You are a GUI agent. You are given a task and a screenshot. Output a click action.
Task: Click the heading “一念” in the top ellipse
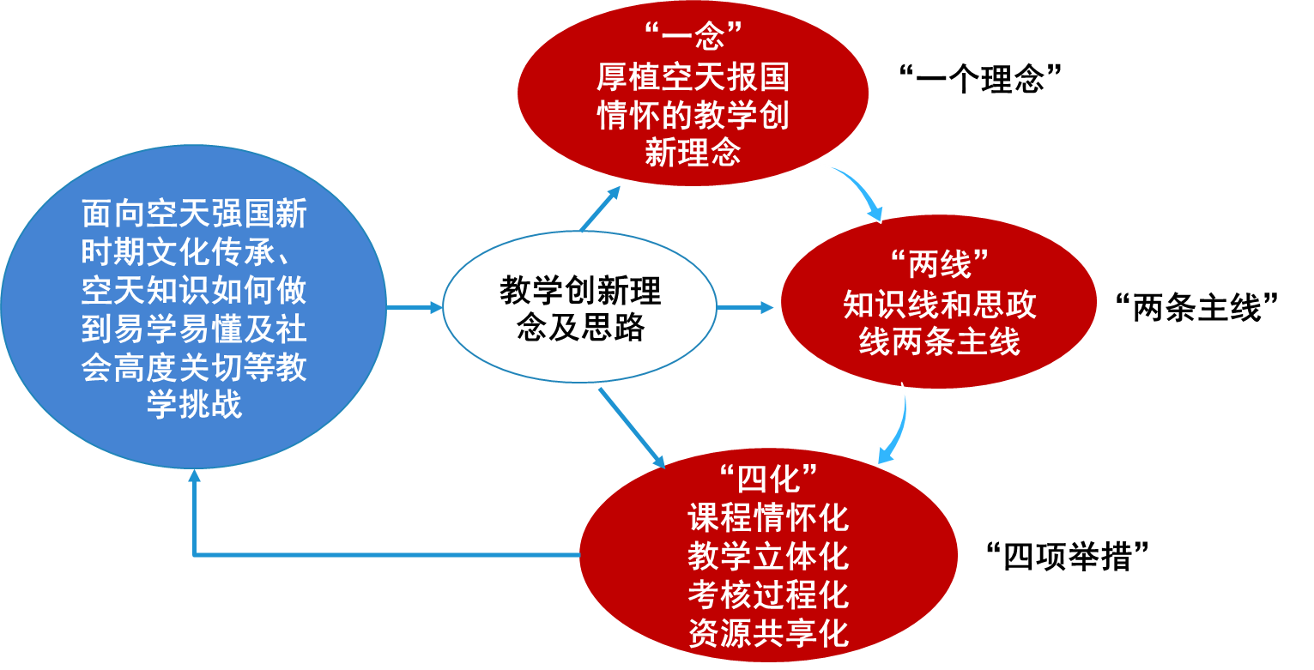(693, 37)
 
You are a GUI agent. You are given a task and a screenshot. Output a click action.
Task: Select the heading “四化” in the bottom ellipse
(767, 477)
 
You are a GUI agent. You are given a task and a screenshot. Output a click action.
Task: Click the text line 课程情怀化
(767, 517)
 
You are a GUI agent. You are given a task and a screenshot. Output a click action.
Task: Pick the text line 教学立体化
(767, 556)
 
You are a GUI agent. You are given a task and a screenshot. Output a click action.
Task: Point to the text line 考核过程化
(767, 595)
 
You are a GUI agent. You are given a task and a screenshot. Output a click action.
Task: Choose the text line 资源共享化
(767, 633)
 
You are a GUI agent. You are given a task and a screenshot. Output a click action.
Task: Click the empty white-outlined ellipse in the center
(579, 306)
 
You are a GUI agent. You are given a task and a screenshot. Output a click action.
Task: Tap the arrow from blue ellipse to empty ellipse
(415, 306)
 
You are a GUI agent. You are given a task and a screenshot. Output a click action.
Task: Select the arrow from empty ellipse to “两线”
(745, 306)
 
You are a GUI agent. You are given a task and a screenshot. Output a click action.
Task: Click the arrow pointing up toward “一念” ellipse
(600, 208)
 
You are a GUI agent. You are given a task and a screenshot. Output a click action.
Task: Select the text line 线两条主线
(939, 342)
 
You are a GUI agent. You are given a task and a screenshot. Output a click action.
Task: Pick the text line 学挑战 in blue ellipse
(195, 404)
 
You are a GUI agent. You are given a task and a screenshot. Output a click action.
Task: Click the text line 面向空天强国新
(195, 214)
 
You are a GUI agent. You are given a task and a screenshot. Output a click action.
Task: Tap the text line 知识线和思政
(939, 304)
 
